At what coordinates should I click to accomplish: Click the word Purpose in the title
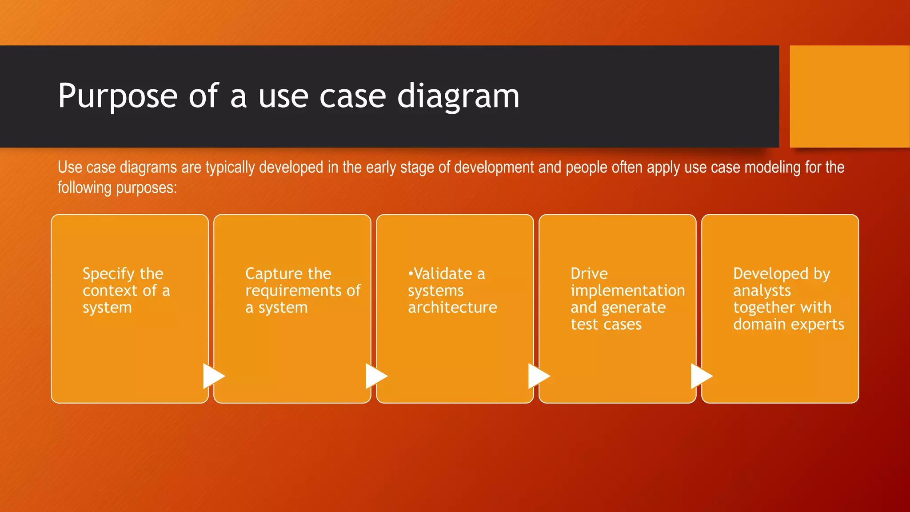pyautogui.click(x=118, y=96)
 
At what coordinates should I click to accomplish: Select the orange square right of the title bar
pyautogui.click(x=850, y=96)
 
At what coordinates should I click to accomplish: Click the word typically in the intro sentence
pyautogui.click(x=231, y=168)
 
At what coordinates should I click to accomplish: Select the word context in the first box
pyautogui.click(x=110, y=291)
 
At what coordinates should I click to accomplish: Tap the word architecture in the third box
pyautogui.click(x=452, y=308)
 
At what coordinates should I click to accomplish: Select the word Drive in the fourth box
pyautogui.click(x=589, y=274)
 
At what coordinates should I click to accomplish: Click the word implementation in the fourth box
pyautogui.click(x=628, y=291)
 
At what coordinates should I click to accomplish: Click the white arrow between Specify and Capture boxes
pyautogui.click(x=213, y=376)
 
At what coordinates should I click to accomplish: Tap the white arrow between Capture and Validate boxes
pyautogui.click(x=375, y=376)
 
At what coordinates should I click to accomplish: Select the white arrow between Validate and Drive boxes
pyautogui.click(x=538, y=376)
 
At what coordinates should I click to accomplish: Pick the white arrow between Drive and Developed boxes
pyautogui.click(x=701, y=376)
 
